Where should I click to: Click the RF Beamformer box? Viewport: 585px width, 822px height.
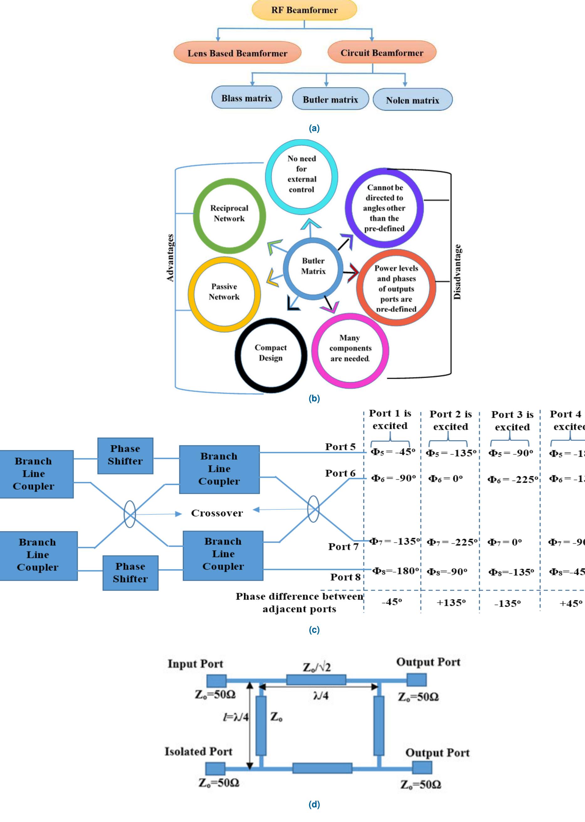(x=304, y=10)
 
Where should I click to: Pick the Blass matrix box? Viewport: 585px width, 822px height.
(x=246, y=98)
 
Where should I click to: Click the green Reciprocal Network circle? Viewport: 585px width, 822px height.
(x=229, y=215)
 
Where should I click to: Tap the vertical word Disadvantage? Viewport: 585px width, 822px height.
(x=457, y=272)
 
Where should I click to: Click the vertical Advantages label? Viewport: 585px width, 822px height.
(x=170, y=258)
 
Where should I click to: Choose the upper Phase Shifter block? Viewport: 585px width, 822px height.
(x=125, y=456)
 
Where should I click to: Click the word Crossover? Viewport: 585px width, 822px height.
(x=217, y=513)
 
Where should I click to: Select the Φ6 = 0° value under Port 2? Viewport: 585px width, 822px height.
(x=445, y=479)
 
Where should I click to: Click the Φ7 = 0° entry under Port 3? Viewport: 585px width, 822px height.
(x=504, y=542)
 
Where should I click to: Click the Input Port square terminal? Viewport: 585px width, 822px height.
(x=217, y=681)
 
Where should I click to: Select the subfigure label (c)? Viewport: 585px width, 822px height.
(x=314, y=630)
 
